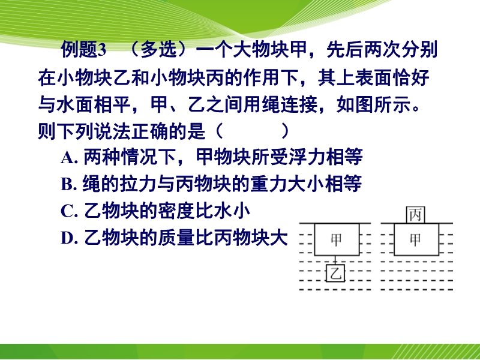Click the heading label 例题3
[83, 50]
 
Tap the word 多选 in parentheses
[158, 49]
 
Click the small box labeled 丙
[415, 215]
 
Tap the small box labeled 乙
[336, 273]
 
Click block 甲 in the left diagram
[337, 239]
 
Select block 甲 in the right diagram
[416, 239]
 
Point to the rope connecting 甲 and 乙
[336, 260]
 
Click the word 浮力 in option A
[307, 157]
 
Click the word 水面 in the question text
[74, 104]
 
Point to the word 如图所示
[373, 104]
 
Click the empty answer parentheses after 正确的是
[253, 131]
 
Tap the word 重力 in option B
[269, 184]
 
